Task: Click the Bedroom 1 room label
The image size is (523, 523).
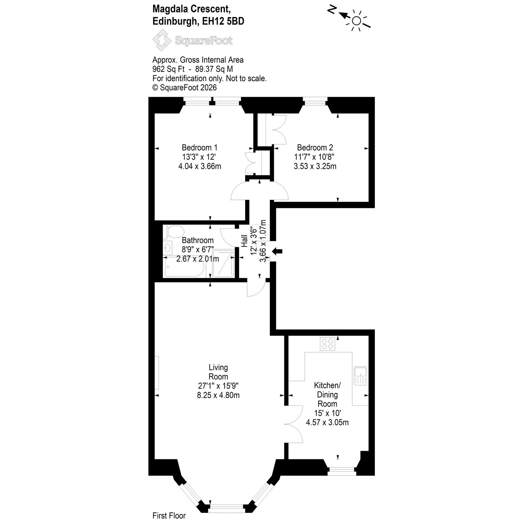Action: coord(200,148)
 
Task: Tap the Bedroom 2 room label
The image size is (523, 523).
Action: coord(315,148)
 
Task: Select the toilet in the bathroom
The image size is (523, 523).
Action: coord(173,232)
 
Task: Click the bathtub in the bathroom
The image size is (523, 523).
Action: coord(184,267)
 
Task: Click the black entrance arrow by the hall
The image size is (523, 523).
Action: coord(277,251)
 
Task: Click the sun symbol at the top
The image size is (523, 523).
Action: coord(356,21)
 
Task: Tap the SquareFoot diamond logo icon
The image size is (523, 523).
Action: coord(162,40)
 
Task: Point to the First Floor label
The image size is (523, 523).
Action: coord(169,516)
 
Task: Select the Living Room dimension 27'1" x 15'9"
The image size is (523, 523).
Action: coord(218,386)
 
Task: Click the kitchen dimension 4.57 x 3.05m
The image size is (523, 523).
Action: coord(327,423)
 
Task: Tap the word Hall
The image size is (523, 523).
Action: coord(244,240)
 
